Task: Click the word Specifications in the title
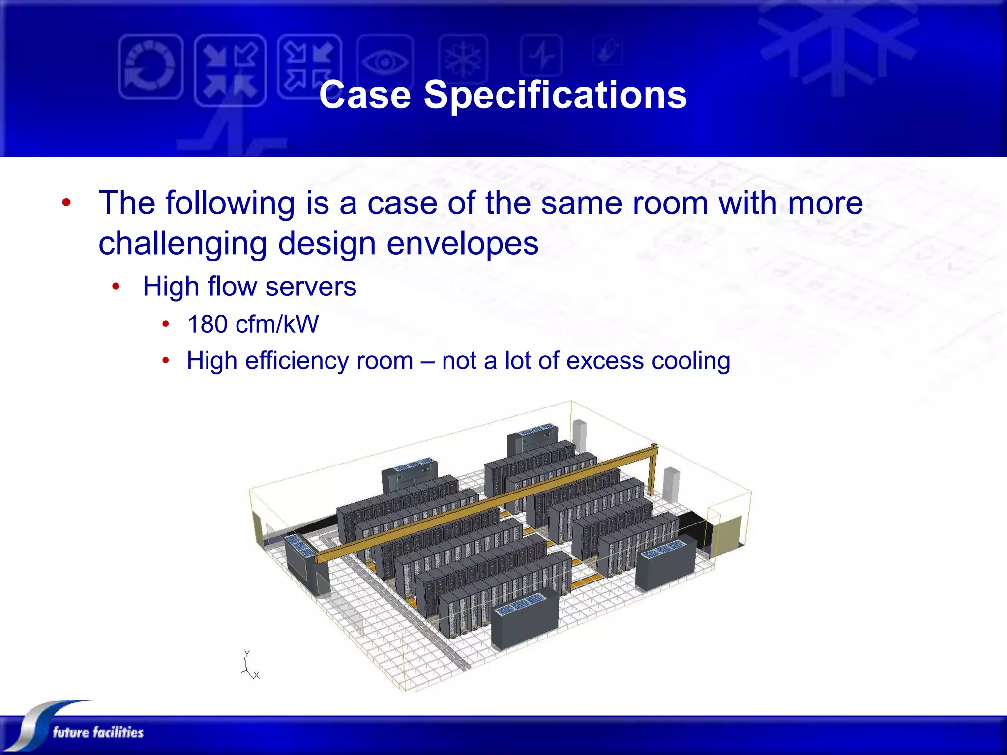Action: click(x=555, y=95)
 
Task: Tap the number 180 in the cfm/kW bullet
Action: click(x=207, y=324)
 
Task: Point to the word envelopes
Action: click(x=463, y=243)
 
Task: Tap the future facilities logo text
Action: click(x=98, y=732)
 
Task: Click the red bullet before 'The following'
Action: click(x=67, y=203)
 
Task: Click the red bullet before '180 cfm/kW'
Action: click(x=166, y=324)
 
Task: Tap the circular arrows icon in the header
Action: click(x=150, y=67)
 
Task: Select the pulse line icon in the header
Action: click(x=541, y=56)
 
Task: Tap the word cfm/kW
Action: click(x=277, y=324)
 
